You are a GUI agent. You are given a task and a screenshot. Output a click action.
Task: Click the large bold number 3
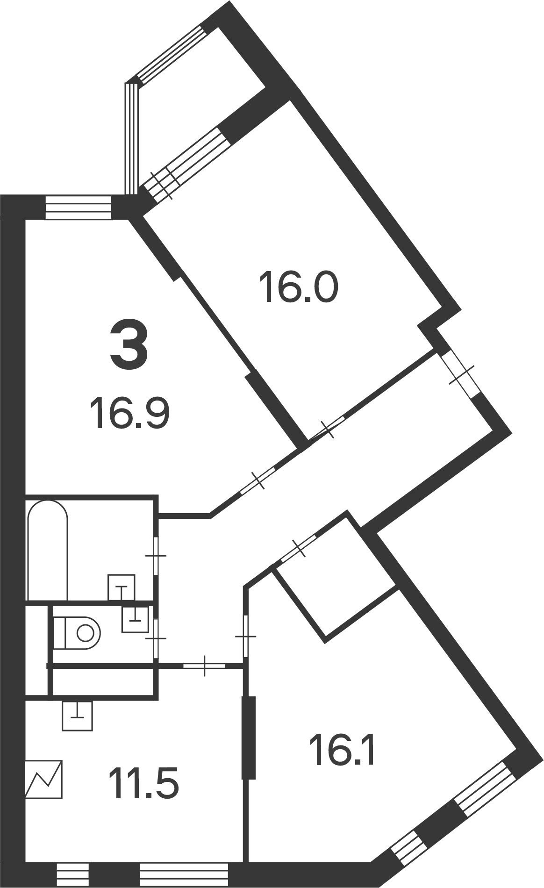(129, 347)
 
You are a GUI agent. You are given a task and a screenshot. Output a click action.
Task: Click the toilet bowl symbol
(77, 633)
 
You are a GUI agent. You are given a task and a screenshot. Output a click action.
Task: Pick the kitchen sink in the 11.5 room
(78, 716)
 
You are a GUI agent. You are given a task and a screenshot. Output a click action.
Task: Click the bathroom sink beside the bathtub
(122, 587)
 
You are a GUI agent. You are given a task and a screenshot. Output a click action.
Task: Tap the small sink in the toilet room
(135, 619)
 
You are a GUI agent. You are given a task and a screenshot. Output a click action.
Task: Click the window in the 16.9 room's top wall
(79, 208)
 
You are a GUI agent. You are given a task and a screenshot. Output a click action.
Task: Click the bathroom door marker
(156, 556)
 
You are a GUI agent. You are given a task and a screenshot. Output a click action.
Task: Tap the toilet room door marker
(156, 638)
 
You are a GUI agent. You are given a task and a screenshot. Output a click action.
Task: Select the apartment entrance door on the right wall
(460, 374)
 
